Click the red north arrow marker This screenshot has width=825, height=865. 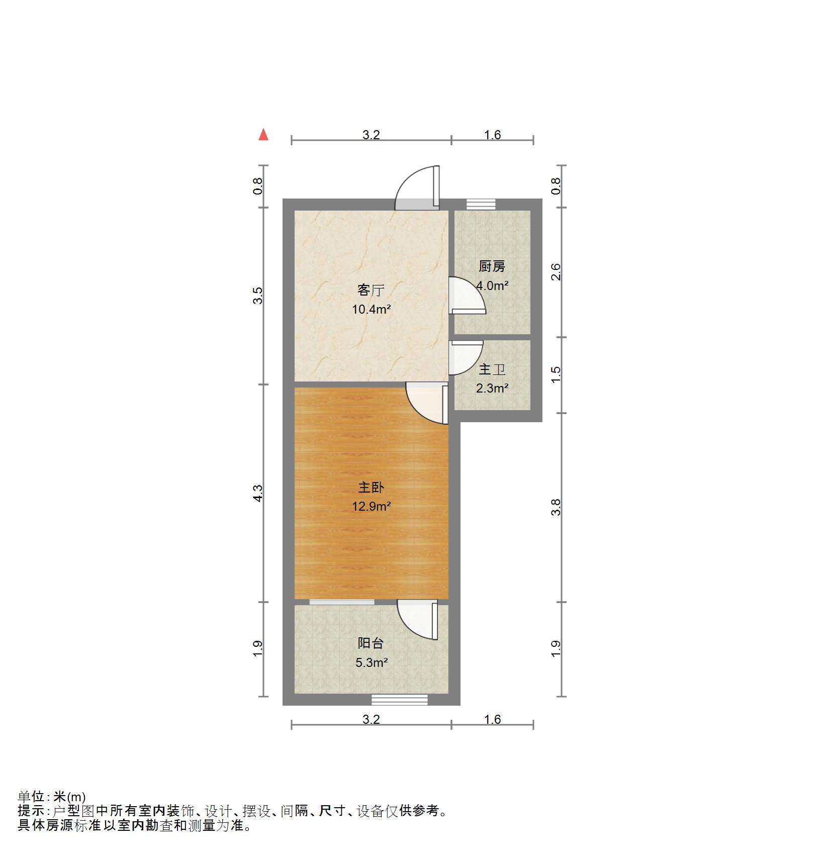[263, 135]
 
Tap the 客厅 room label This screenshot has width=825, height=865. [371, 290]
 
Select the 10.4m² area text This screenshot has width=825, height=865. [371, 309]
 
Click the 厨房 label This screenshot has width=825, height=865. [492, 266]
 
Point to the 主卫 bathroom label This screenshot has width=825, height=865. [492, 369]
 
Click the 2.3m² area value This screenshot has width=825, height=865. [492, 388]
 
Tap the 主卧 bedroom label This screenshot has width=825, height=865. [371, 487]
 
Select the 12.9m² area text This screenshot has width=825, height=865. [371, 506]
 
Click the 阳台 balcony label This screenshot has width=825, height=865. [371, 643]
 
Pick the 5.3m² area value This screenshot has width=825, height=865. [371, 662]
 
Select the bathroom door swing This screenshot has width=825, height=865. [465, 357]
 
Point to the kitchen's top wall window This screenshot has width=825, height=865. [481, 204]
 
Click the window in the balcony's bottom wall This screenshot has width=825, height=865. [400, 699]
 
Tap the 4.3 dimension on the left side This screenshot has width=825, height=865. [258, 493]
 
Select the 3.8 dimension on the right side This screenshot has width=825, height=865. [556, 507]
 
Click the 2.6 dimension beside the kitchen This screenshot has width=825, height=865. [556, 272]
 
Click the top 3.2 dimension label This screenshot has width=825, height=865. [371, 135]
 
